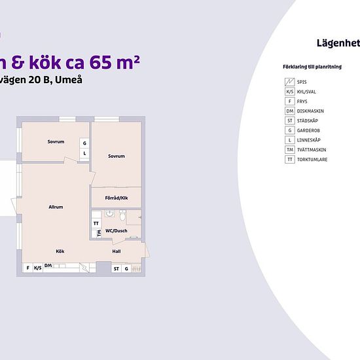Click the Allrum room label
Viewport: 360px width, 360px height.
click(56, 207)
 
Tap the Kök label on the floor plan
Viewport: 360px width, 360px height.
click(60, 251)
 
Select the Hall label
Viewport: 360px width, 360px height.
click(116, 251)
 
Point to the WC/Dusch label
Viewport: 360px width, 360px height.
click(116, 230)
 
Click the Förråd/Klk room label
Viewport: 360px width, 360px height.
click(115, 197)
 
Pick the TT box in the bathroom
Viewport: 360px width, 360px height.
click(96, 223)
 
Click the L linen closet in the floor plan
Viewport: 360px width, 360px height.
click(84, 154)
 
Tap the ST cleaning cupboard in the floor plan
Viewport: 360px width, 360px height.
click(116, 268)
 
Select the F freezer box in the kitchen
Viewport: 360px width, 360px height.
click(27, 268)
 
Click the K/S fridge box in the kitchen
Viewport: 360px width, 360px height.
click(38, 268)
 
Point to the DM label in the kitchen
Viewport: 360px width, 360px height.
click(48, 265)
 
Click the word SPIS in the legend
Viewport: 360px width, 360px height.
click(301, 82)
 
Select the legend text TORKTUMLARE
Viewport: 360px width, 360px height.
click(312, 160)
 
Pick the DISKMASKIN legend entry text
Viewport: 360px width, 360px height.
click(310, 111)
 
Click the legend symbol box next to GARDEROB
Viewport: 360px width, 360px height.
click(289, 130)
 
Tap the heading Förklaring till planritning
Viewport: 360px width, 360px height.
click(308, 67)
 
